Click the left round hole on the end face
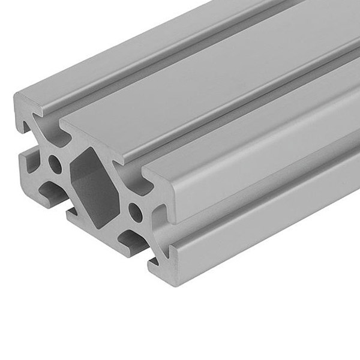click(55, 163)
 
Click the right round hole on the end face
click(136, 211)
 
